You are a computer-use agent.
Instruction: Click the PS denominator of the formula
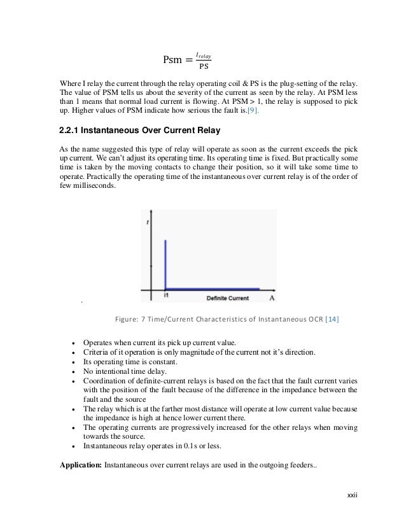[204, 66]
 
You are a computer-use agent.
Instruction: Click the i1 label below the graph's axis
[165, 295]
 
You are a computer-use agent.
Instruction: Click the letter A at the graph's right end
[272, 297]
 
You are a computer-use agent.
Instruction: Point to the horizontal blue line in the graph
[213, 288]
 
